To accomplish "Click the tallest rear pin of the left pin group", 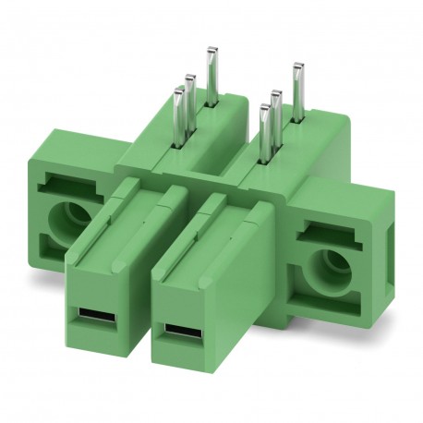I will click(212, 74).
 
